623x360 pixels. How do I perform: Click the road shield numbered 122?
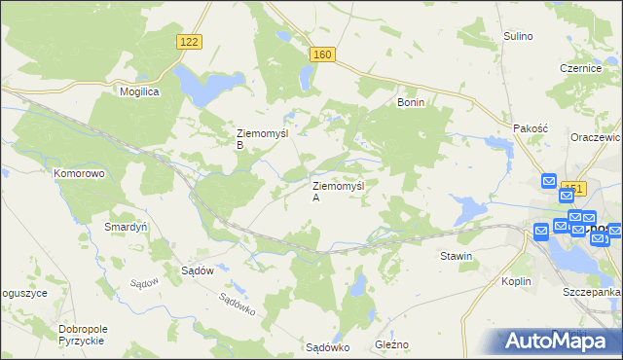[x=190, y=41]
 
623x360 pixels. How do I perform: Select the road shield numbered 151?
[x=574, y=189]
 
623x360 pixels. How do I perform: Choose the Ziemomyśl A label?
[x=337, y=191]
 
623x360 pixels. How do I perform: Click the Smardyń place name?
[x=126, y=227]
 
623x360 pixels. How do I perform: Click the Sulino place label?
[x=518, y=36]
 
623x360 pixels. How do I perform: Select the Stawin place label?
[x=456, y=256]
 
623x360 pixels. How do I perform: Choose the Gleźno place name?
[x=391, y=344]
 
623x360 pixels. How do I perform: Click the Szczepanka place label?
[x=592, y=292]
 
